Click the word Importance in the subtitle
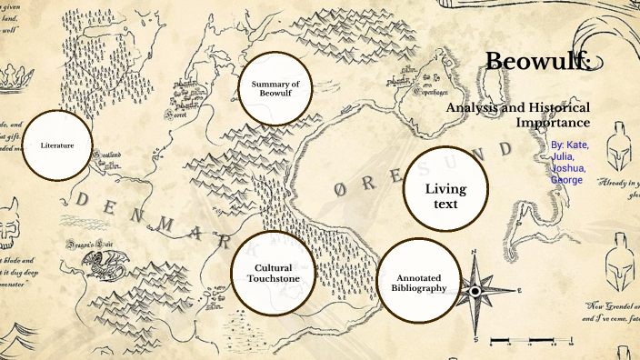click(x=553, y=122)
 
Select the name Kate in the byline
click(x=576, y=145)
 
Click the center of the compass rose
click(x=474, y=291)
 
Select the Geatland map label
click(x=104, y=153)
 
